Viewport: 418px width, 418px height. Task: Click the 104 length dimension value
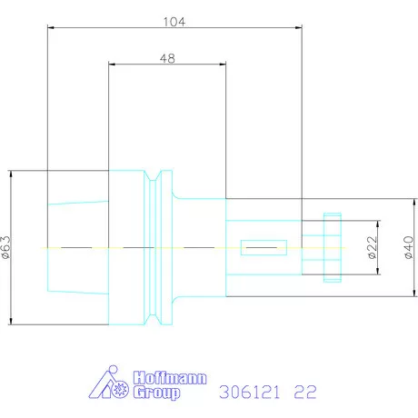pos(174,21)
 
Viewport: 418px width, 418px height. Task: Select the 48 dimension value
pos(166,57)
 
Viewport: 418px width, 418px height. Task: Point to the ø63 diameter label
pos(7,247)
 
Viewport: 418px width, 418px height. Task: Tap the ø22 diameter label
pos(373,248)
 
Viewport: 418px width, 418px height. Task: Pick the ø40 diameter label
pos(408,247)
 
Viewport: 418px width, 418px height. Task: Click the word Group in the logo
pos(157,393)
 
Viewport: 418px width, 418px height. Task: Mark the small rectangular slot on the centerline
pos(263,247)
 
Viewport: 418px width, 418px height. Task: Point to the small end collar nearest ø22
pos(333,247)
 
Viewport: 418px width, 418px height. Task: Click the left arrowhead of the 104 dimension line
pos(50,28)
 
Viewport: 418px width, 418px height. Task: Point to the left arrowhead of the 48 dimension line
pos(111,65)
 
